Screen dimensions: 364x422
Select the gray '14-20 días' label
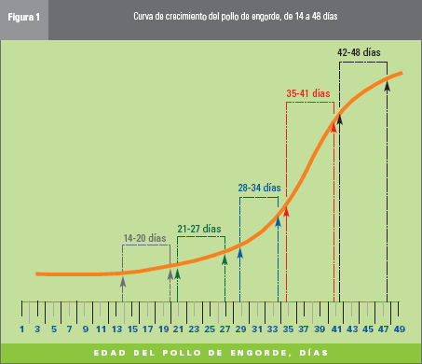144,238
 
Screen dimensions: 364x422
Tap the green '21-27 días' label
199,228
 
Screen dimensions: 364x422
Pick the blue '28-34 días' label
259,188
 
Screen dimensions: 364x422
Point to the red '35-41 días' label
307,93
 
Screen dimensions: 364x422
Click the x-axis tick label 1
21,329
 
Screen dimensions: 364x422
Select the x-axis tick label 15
132,329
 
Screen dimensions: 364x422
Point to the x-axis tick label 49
401,329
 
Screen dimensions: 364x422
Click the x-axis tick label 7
69,329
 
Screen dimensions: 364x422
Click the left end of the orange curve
37,273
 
